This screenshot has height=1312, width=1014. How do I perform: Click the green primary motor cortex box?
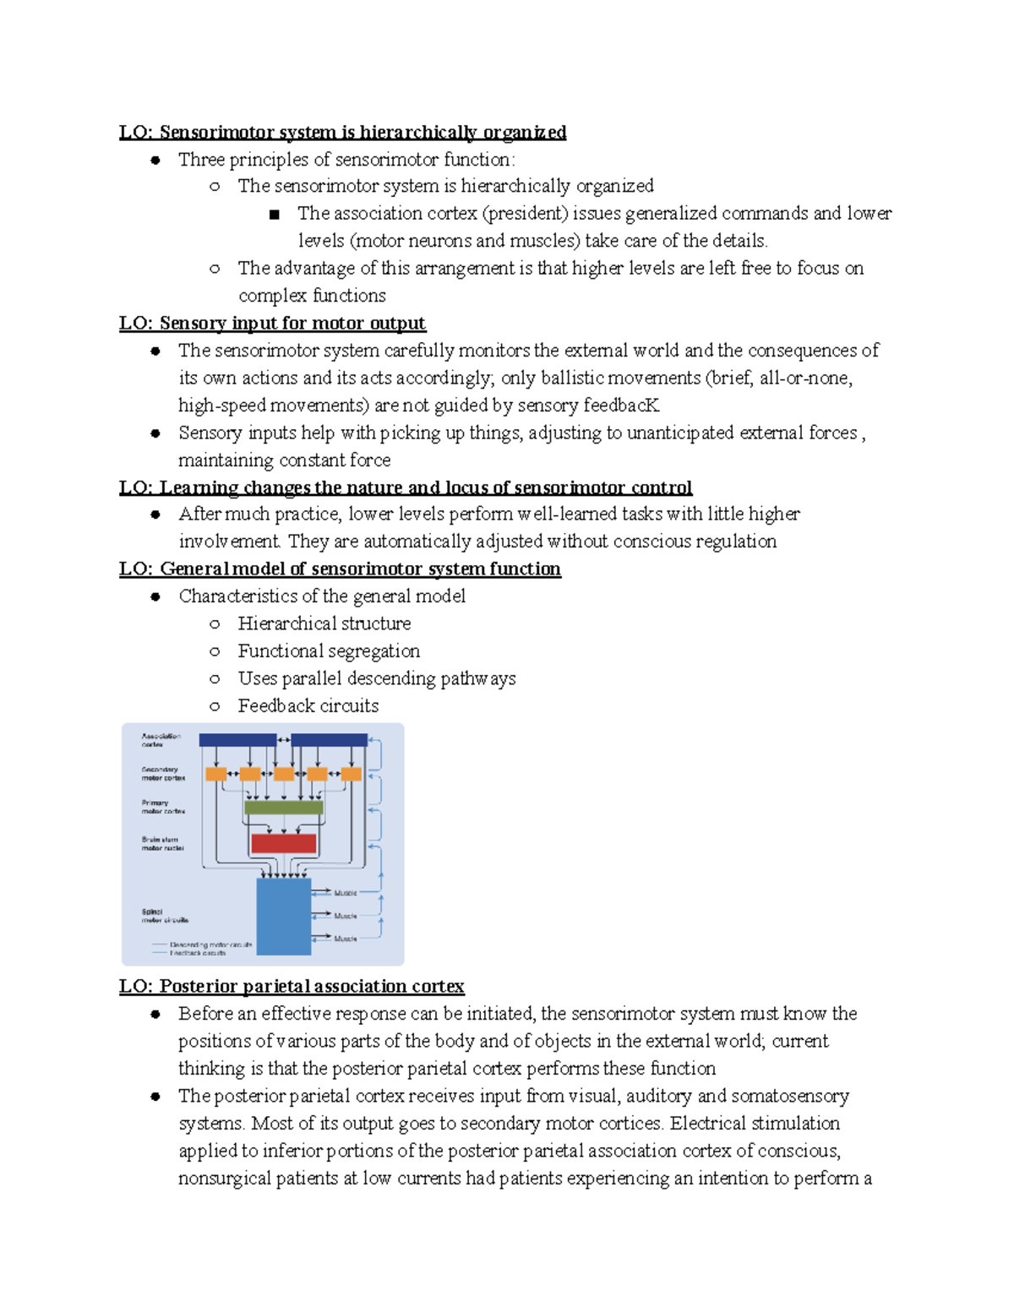click(284, 807)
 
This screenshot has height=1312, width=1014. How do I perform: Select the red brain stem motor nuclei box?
click(284, 843)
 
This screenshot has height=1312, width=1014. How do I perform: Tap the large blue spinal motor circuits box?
click(284, 916)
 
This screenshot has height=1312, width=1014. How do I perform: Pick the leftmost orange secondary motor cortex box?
click(216, 774)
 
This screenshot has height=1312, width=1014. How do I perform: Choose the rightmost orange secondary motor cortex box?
click(352, 774)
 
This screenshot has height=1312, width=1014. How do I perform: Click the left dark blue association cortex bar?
click(237, 740)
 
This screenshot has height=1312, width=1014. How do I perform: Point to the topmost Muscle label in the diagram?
click(346, 893)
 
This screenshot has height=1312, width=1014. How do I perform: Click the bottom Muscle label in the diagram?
click(346, 939)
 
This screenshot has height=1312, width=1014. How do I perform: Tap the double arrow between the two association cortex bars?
click(284, 740)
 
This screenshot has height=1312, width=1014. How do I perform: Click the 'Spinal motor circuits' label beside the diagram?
click(165, 916)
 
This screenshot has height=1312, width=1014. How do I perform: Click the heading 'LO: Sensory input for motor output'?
click(272, 323)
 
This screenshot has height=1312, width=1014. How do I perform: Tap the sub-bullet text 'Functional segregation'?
click(329, 651)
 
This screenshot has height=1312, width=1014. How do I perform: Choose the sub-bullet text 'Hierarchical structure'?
click(324, 623)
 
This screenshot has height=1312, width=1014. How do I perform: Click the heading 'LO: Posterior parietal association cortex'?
click(292, 986)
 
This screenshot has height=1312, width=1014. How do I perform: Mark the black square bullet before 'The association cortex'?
click(274, 215)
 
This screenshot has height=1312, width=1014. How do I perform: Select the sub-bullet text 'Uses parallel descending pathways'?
click(377, 678)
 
